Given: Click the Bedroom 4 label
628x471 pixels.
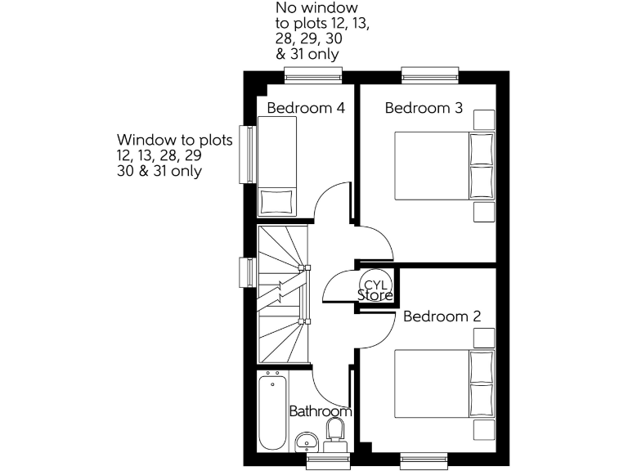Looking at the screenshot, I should click(x=306, y=108).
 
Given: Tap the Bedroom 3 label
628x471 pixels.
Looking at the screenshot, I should click(x=424, y=108).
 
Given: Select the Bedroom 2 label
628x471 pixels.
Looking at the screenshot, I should click(x=442, y=316).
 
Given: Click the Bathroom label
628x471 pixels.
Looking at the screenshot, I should click(x=321, y=411).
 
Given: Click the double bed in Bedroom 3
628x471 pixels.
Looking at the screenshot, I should click(x=446, y=165).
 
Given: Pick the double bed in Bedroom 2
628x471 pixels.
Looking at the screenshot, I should click(x=446, y=384).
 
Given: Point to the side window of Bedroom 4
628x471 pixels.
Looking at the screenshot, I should click(x=245, y=154).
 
